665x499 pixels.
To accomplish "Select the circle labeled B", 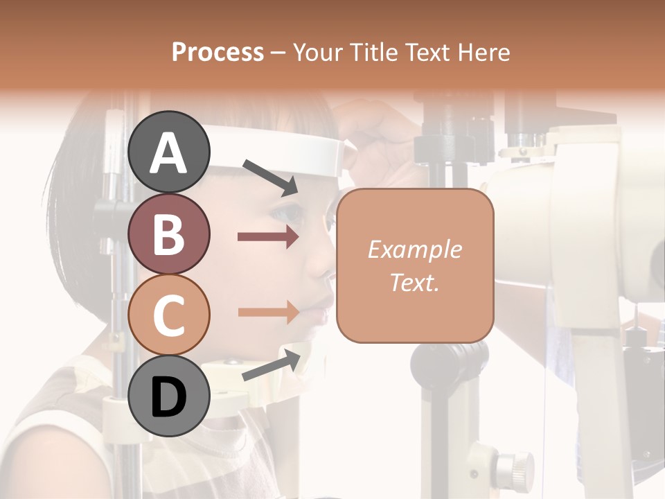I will pos(169,234).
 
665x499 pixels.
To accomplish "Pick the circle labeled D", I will pos(169,396).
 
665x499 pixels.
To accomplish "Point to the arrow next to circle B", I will pos(268,237).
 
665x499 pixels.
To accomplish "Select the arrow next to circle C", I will pos(268,312).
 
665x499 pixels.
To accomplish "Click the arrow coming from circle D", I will pos(271,365).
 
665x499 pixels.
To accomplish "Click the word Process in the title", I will pos(218,52).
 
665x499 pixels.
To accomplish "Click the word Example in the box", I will pos(415,249).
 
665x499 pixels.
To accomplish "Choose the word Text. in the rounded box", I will pos(415,282).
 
